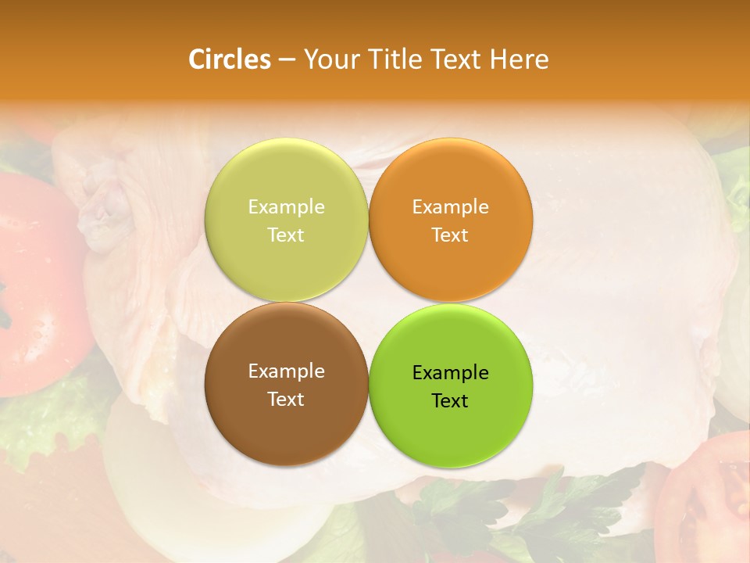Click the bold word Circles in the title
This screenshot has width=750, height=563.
tap(229, 59)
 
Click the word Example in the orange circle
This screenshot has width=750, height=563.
tap(450, 207)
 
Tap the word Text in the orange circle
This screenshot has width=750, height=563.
tap(450, 235)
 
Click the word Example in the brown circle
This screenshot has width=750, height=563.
tap(286, 371)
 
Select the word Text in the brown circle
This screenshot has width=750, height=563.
tap(286, 400)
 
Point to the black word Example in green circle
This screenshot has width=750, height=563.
tap(450, 373)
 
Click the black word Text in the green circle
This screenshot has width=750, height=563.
tap(450, 401)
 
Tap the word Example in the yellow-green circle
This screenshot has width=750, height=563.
tap(286, 207)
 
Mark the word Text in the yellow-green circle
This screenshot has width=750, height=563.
tap(286, 235)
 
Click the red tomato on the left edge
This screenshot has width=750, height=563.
tap(35, 281)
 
